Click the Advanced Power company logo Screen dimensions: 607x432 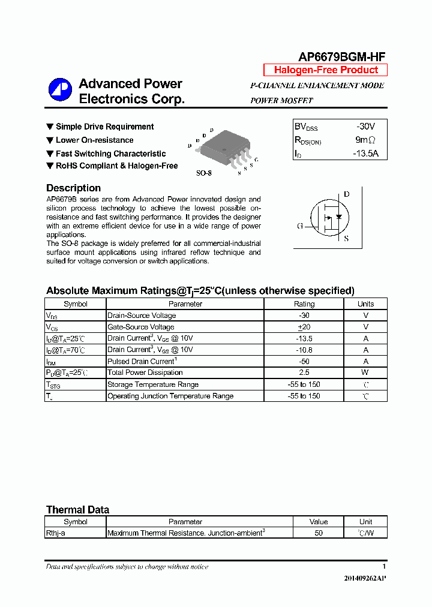tap(60, 89)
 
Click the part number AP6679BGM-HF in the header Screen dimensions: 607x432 tap(342, 56)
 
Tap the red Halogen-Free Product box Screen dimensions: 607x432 tap(326, 70)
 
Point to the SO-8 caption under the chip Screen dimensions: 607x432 tap(204, 173)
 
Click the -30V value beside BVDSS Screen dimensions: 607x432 tap(365, 127)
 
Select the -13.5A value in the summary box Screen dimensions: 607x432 tap(365, 154)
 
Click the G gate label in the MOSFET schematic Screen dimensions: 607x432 tap(300, 226)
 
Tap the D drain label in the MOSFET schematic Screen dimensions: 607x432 tap(346, 194)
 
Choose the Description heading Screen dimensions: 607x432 tap(73, 188)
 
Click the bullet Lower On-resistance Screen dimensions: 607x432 tap(94, 140)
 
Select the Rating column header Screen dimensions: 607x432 tap(304, 304)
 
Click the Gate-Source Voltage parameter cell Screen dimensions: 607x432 tap(141, 327)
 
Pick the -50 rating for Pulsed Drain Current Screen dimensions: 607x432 tap(304, 362)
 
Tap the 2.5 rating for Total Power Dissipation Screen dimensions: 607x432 tap(304, 373)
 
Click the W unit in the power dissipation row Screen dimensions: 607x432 tap(365, 373)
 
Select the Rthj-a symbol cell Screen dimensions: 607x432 tap(56, 533)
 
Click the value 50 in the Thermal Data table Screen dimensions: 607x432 tap(319, 533)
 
